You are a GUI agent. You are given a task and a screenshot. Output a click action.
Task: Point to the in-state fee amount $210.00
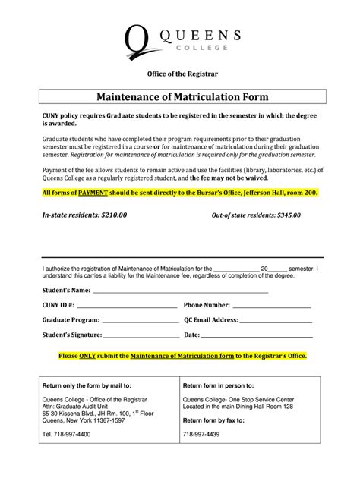pos(112,215)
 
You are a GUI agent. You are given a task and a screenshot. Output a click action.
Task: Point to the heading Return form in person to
pos(219,385)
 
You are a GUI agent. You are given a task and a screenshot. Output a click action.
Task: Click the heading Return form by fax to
pos(216,420)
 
